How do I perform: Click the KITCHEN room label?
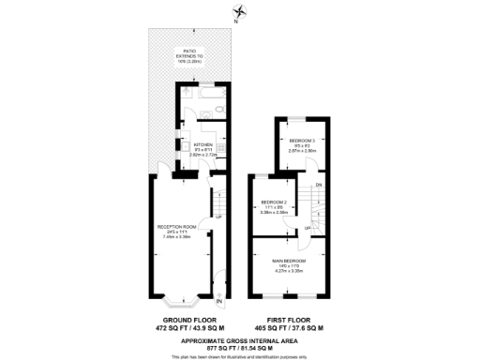[x=202, y=144]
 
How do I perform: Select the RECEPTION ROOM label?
[x=177, y=226]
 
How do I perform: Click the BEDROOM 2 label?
[x=274, y=202]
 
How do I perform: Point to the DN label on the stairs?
[x=319, y=185]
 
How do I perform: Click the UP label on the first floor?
[x=307, y=228]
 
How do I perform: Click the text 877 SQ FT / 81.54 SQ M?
[x=240, y=348]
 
